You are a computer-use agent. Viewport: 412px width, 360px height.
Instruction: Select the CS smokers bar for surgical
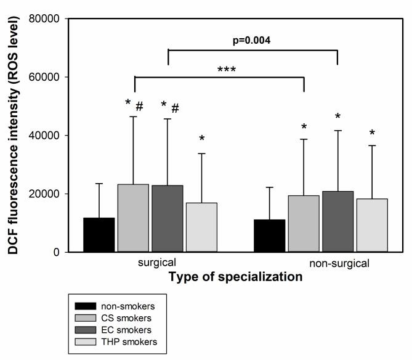[x=133, y=218]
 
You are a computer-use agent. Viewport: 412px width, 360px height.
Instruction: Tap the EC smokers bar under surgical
[x=167, y=219]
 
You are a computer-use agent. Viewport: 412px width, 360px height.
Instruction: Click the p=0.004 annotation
[x=252, y=41]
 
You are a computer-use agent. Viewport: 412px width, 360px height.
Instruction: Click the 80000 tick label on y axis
[x=46, y=18]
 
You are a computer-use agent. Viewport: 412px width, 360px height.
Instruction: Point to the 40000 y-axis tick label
[x=46, y=136]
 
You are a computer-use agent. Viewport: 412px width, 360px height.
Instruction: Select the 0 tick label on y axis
[x=55, y=252]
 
